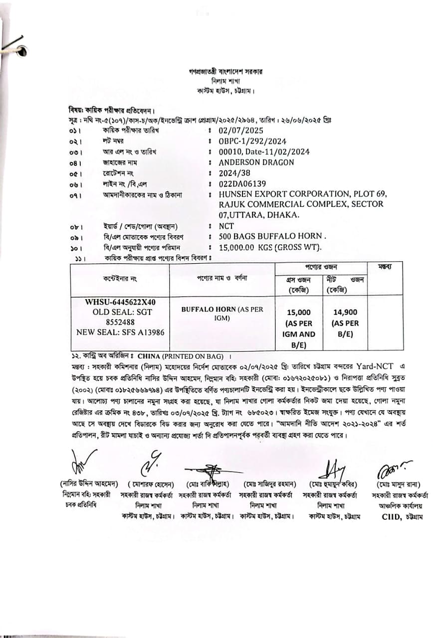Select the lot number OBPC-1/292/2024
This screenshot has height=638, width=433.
[252, 141]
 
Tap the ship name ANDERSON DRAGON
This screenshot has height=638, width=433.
[256, 162]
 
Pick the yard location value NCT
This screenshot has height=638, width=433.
[226, 226]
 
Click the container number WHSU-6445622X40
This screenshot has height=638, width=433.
[120, 302]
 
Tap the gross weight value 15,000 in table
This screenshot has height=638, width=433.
[299, 313]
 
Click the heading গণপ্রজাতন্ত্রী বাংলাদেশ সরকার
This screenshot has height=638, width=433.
[222, 72]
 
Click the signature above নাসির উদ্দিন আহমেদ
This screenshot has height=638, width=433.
[82, 462]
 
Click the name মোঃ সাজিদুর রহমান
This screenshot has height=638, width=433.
[270, 484]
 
